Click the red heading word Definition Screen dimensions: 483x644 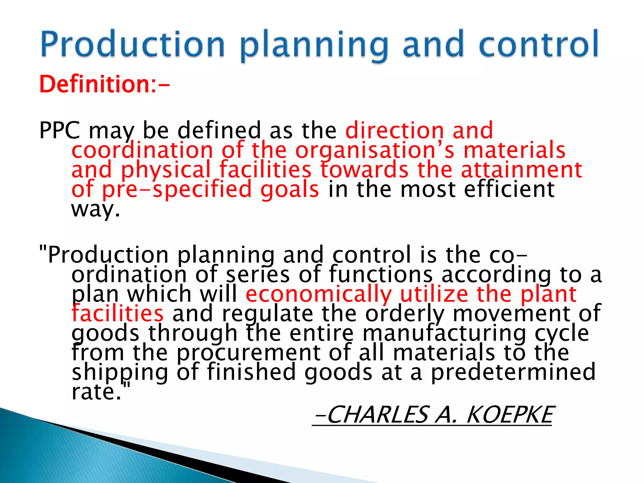94,84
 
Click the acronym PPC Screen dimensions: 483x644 60,130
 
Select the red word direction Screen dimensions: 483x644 395,130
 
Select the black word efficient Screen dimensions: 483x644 509,189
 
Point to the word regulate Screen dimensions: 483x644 268,314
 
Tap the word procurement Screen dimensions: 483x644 248,353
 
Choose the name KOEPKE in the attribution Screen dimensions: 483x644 509,415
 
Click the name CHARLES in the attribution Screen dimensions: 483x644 377,415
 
